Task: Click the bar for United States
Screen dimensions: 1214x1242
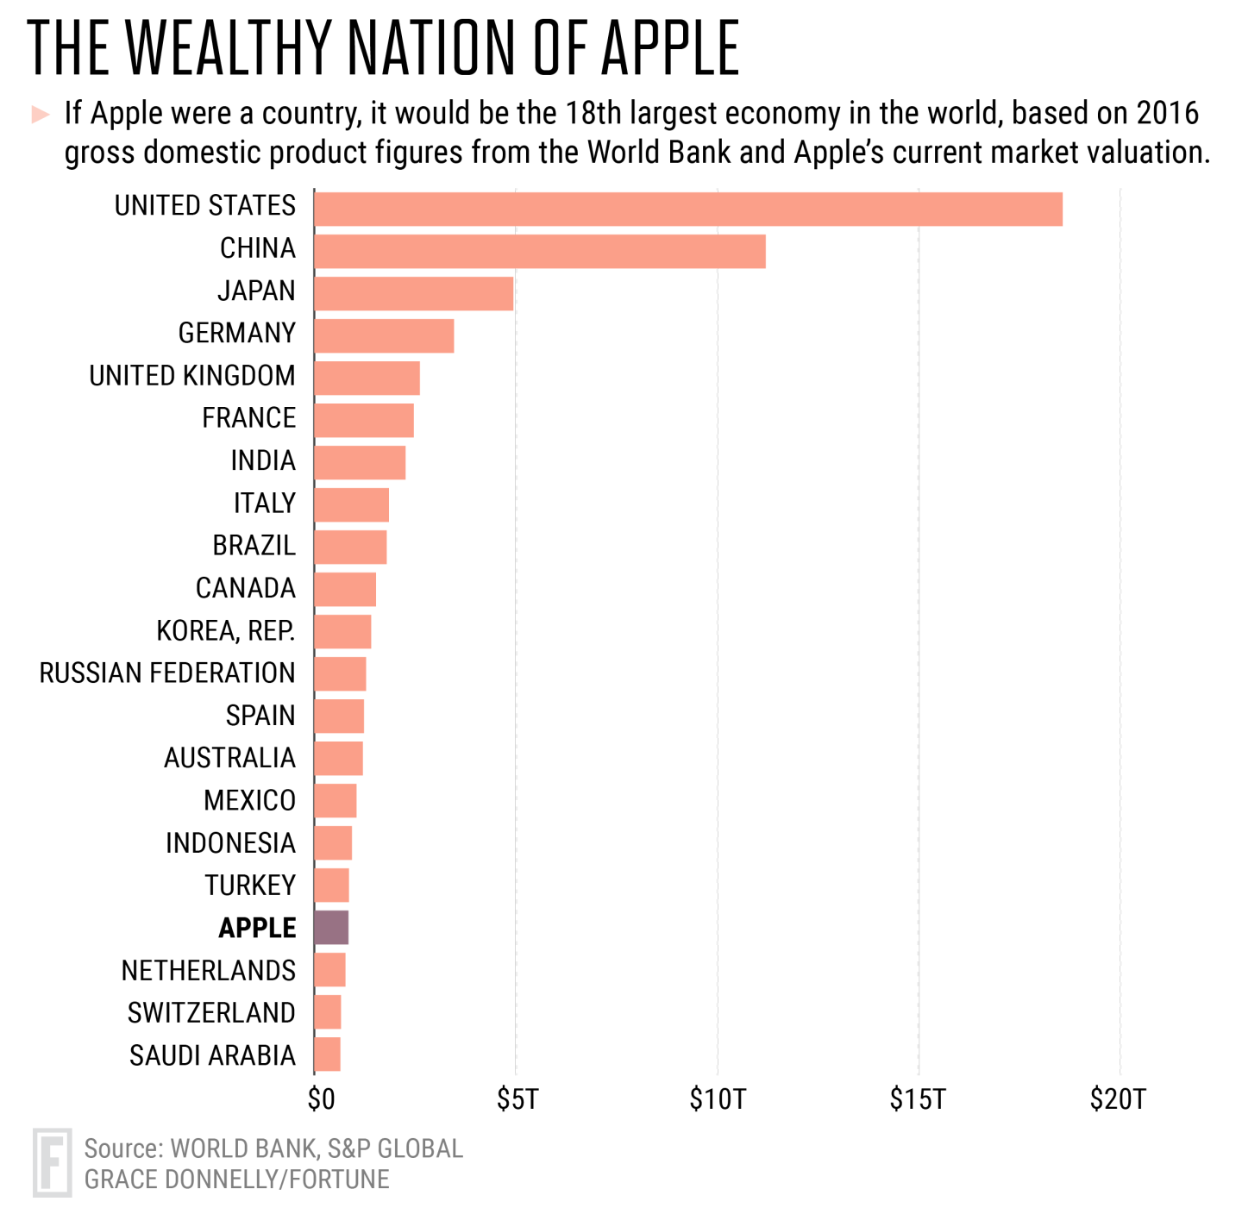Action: [687, 210]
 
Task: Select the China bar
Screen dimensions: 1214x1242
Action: [539, 251]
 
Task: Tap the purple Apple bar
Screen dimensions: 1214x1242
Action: [331, 928]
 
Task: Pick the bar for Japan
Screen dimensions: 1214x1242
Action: [413, 293]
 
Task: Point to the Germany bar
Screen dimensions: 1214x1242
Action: [384, 335]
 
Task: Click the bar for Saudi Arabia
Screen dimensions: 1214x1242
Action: [327, 1054]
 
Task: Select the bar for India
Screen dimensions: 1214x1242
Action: [360, 462]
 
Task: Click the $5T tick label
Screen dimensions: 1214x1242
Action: [517, 1099]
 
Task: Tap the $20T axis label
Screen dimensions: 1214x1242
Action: [1118, 1099]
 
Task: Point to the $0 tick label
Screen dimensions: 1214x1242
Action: [321, 1099]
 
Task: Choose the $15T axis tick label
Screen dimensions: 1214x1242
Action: [918, 1099]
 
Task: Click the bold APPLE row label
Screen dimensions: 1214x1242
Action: [257, 928]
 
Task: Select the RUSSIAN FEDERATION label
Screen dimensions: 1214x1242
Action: [167, 673]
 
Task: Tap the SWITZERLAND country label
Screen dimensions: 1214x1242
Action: [211, 1012]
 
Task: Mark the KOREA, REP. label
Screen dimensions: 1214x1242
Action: [226, 631]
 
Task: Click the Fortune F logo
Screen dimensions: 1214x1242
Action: [52, 1162]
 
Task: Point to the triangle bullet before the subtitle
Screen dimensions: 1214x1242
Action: [40, 114]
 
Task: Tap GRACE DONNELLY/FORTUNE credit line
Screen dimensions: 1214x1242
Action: [236, 1179]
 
